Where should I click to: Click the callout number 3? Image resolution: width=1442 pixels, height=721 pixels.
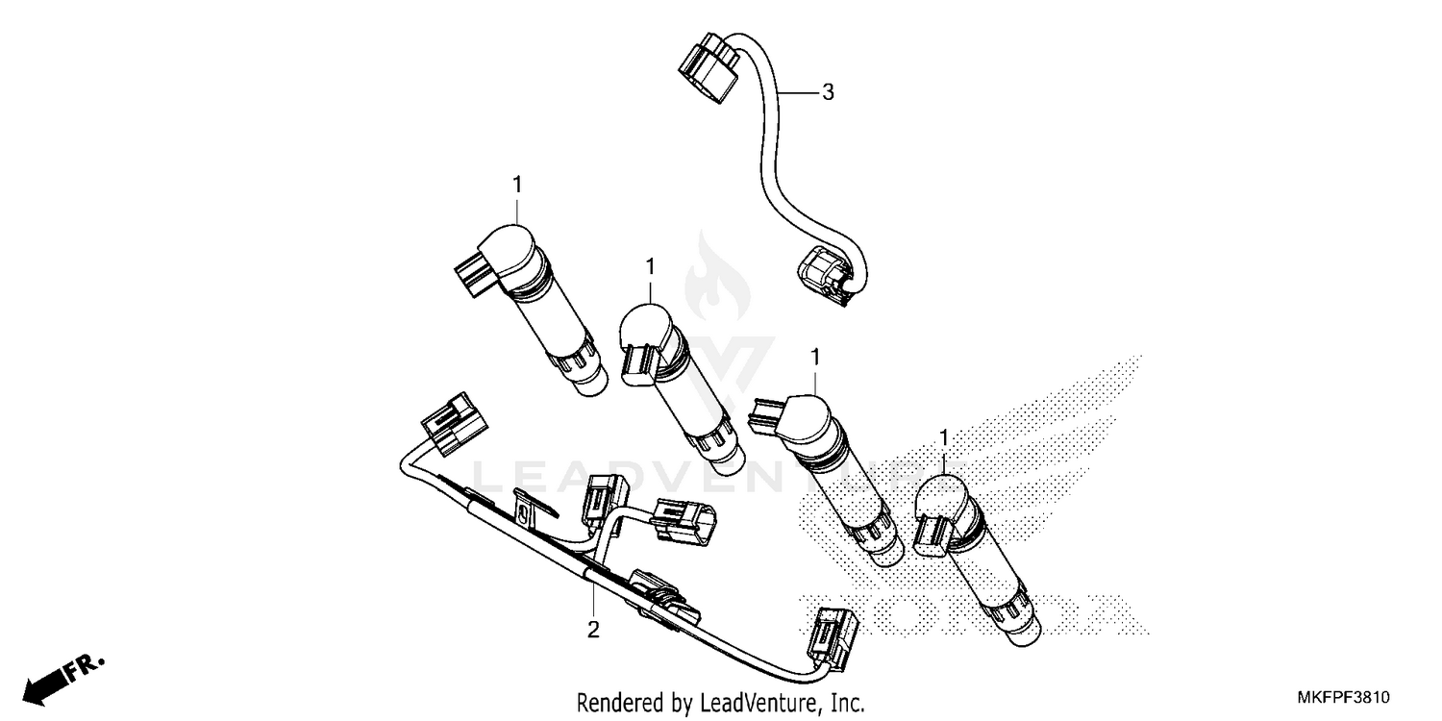(827, 92)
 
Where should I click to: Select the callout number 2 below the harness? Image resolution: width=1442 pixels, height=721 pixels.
(593, 630)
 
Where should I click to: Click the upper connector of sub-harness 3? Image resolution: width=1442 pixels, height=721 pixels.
(710, 68)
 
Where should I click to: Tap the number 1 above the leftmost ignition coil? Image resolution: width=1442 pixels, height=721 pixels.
(517, 183)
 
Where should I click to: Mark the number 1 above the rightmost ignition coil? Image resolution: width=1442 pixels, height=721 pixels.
(944, 437)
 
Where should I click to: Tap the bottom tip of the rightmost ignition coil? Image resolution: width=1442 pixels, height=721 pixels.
(1021, 631)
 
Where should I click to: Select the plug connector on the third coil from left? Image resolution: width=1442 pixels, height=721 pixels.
(765, 416)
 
